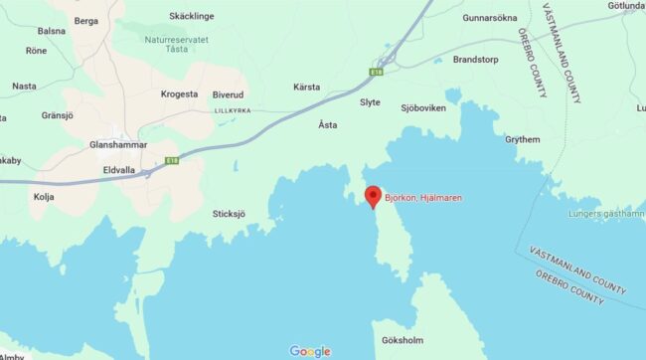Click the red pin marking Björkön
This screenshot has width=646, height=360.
pos(373,195)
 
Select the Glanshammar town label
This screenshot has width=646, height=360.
pos(118,145)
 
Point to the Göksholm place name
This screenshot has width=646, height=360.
pos(403,341)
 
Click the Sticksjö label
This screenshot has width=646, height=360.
pos(229,213)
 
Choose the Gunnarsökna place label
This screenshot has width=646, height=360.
pos(490,18)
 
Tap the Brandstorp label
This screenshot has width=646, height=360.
pos(476,59)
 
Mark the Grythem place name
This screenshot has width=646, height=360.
pos(522,140)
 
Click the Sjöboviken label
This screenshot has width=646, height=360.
pos(423,106)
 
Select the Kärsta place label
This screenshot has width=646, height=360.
pos(307,88)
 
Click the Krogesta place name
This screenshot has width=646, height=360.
pos(181,94)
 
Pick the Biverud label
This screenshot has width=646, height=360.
pos(228,94)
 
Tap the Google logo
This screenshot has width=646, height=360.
pos(310,350)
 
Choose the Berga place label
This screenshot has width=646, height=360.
pos(86,20)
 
